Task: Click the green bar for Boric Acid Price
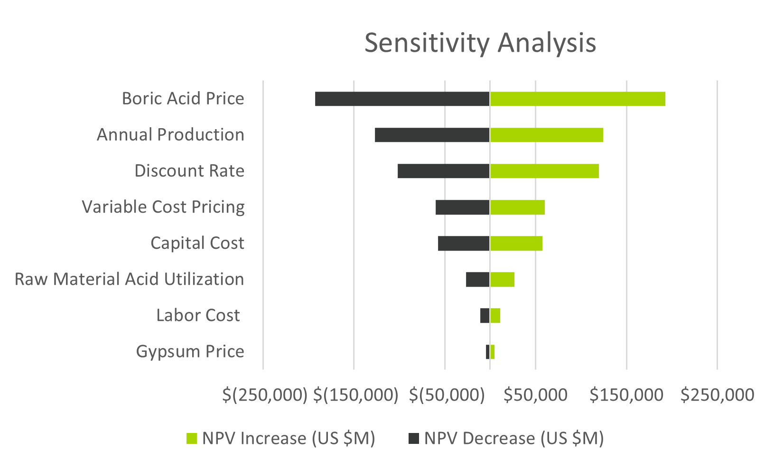[x=577, y=99]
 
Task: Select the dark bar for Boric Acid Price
[x=402, y=99]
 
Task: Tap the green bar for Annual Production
[x=546, y=135]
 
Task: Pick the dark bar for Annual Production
[x=432, y=135]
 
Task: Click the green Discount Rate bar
[x=544, y=171]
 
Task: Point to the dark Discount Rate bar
[x=443, y=171]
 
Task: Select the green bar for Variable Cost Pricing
[x=517, y=207]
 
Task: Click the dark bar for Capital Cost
[x=464, y=243]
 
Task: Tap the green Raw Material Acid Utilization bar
[x=502, y=279]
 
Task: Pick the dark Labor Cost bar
[x=485, y=315]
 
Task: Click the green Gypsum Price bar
[x=493, y=352]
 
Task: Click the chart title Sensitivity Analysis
[x=480, y=43]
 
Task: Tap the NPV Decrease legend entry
[x=506, y=438]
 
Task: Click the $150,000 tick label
[x=626, y=395]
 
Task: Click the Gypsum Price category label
[x=190, y=351]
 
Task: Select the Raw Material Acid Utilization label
[x=129, y=279]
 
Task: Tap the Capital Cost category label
[x=197, y=243]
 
